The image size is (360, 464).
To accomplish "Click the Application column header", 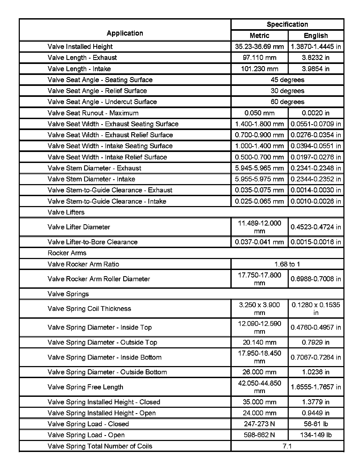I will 125,33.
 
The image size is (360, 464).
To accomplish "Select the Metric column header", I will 259,36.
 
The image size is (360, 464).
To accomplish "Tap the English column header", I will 316,36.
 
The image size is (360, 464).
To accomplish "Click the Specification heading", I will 287,24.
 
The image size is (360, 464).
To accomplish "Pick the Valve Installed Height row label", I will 80,47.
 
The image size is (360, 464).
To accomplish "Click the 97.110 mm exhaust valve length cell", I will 259,58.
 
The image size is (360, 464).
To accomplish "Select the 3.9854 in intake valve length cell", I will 316,69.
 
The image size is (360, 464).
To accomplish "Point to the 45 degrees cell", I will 287,80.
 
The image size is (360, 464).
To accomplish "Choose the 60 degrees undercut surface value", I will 287,102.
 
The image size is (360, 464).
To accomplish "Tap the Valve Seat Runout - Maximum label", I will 93,113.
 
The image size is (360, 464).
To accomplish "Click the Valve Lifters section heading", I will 66,212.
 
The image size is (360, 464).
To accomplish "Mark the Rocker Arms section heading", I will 67,253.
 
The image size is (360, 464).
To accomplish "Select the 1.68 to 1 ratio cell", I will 287,264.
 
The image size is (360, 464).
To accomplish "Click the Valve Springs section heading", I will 68,294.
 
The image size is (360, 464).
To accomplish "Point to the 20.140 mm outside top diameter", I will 259,342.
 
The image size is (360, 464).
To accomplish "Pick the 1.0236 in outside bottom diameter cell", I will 316,372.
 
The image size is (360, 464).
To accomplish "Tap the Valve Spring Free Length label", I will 85,387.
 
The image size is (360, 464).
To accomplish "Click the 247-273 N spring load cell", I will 259,424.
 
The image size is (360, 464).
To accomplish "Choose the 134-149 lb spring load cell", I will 316,435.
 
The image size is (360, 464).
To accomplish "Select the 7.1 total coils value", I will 287,446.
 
